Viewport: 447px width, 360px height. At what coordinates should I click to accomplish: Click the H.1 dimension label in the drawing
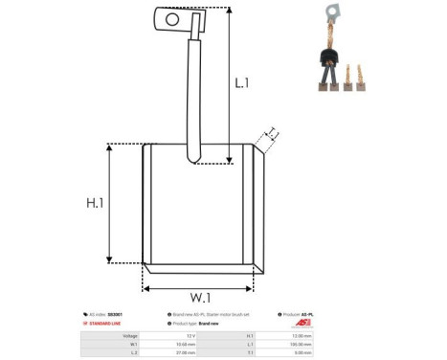[95, 203]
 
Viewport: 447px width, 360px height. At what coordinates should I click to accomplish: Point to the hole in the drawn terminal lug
[173, 17]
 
